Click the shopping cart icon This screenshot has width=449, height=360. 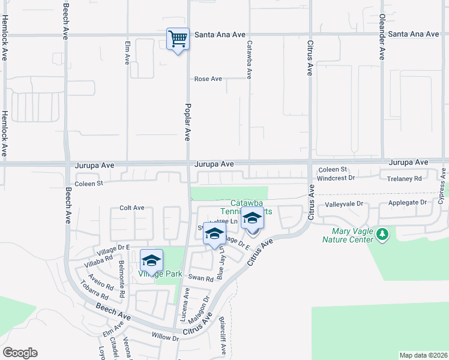click(178, 39)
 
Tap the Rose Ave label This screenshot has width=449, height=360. click(208, 79)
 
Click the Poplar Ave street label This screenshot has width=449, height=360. click(187, 121)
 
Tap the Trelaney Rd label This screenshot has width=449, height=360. click(405, 178)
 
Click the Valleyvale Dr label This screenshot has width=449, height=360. click(345, 204)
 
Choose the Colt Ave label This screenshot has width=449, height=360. click(132, 208)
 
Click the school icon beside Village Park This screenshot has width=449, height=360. click(152, 260)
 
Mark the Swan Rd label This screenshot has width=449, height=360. click(200, 278)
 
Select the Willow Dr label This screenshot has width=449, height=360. click(165, 338)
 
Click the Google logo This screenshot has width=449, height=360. click(20, 353)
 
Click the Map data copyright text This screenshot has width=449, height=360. click(423, 355)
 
